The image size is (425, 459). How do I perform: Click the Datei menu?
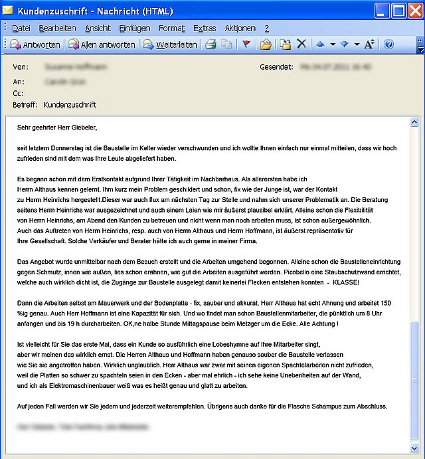(x=21, y=29)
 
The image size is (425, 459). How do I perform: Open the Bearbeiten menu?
(x=57, y=29)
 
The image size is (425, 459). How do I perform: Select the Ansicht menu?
(x=98, y=29)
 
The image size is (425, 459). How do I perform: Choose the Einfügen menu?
(x=135, y=29)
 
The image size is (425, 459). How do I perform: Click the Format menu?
(x=171, y=29)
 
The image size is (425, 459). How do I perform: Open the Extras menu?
(x=205, y=29)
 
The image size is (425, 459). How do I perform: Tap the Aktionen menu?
(x=240, y=29)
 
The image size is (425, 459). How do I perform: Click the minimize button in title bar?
(x=382, y=11)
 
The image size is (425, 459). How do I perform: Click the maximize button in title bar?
(x=399, y=11)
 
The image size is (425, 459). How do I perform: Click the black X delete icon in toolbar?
(x=301, y=45)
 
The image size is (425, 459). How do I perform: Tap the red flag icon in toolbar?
(x=246, y=45)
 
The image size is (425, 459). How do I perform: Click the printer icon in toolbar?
(x=211, y=45)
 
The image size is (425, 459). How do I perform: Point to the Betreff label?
(x=25, y=105)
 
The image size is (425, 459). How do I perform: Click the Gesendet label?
(x=276, y=67)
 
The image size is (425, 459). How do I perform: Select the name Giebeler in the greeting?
(x=82, y=127)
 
